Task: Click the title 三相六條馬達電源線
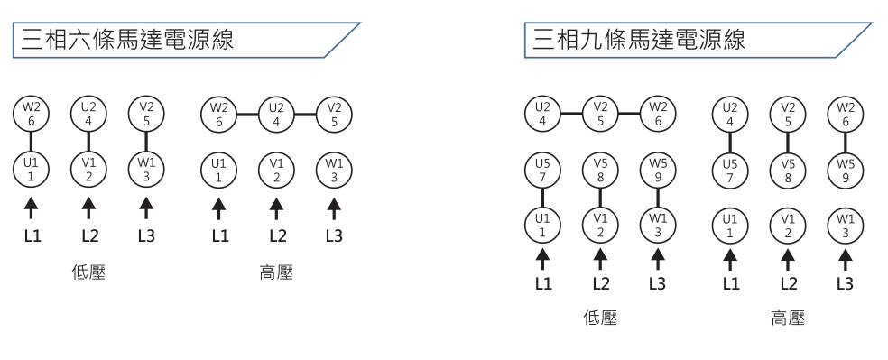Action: click(x=126, y=40)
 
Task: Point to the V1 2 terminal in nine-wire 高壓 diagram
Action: click(x=788, y=226)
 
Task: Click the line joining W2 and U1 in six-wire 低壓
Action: click(x=31, y=142)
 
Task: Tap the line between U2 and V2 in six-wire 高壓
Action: click(x=305, y=115)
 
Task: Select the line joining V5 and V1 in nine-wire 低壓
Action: click(x=600, y=198)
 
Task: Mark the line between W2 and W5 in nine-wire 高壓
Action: click(x=846, y=142)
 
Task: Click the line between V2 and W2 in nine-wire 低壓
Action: click(x=629, y=115)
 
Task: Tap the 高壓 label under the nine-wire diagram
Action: click(x=788, y=318)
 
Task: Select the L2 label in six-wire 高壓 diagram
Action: click(x=276, y=236)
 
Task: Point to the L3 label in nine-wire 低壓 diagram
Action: click(x=657, y=284)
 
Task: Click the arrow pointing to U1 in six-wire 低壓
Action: click(x=31, y=208)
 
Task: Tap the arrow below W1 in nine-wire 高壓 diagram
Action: click(x=846, y=258)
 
